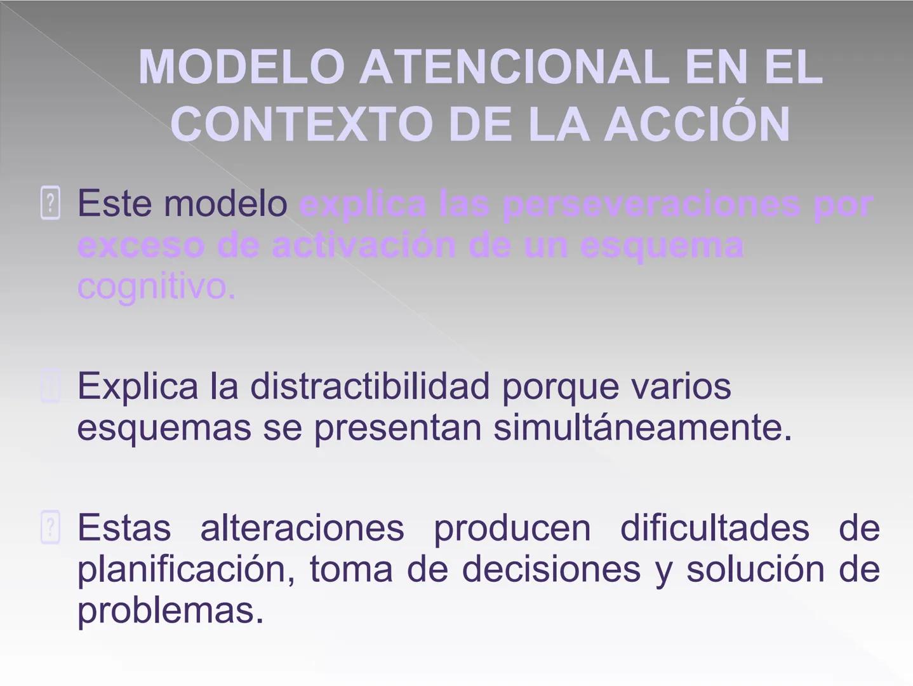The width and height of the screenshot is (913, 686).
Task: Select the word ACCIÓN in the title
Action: (x=696, y=124)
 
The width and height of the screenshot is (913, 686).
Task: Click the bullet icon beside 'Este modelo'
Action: (x=50, y=203)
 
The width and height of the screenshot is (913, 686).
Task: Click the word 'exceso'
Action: (x=140, y=246)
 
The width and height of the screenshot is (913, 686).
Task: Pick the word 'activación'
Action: (x=364, y=246)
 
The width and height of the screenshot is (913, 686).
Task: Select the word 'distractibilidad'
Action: (x=370, y=386)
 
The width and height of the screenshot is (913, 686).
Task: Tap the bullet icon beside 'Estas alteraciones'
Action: (x=50, y=527)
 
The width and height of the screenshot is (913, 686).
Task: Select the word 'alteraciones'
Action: (x=302, y=528)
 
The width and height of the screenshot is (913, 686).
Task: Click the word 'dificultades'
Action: (x=714, y=528)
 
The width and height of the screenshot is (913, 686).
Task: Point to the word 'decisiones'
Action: (x=550, y=569)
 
